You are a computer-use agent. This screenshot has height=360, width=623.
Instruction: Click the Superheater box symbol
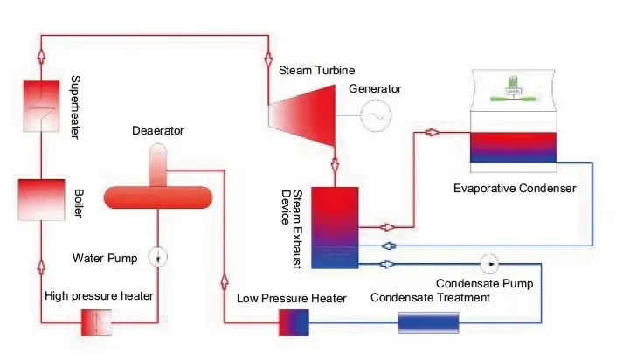point(38,102)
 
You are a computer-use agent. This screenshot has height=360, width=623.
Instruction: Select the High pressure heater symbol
point(93,322)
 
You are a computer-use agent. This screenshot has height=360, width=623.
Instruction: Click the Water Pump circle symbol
point(157,257)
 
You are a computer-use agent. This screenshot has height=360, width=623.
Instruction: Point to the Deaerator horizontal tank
point(158,197)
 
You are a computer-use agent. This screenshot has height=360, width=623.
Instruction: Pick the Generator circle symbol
point(377,114)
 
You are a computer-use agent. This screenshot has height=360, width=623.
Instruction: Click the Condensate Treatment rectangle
point(428,322)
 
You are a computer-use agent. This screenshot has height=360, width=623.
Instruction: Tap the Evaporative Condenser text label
point(515,188)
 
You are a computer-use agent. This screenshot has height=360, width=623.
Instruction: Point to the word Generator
point(375,88)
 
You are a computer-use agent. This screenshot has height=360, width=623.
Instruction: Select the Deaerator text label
point(158,132)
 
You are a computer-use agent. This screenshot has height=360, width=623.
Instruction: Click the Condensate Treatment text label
point(430,297)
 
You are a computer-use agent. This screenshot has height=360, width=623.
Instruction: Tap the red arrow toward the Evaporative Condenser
point(431,133)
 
